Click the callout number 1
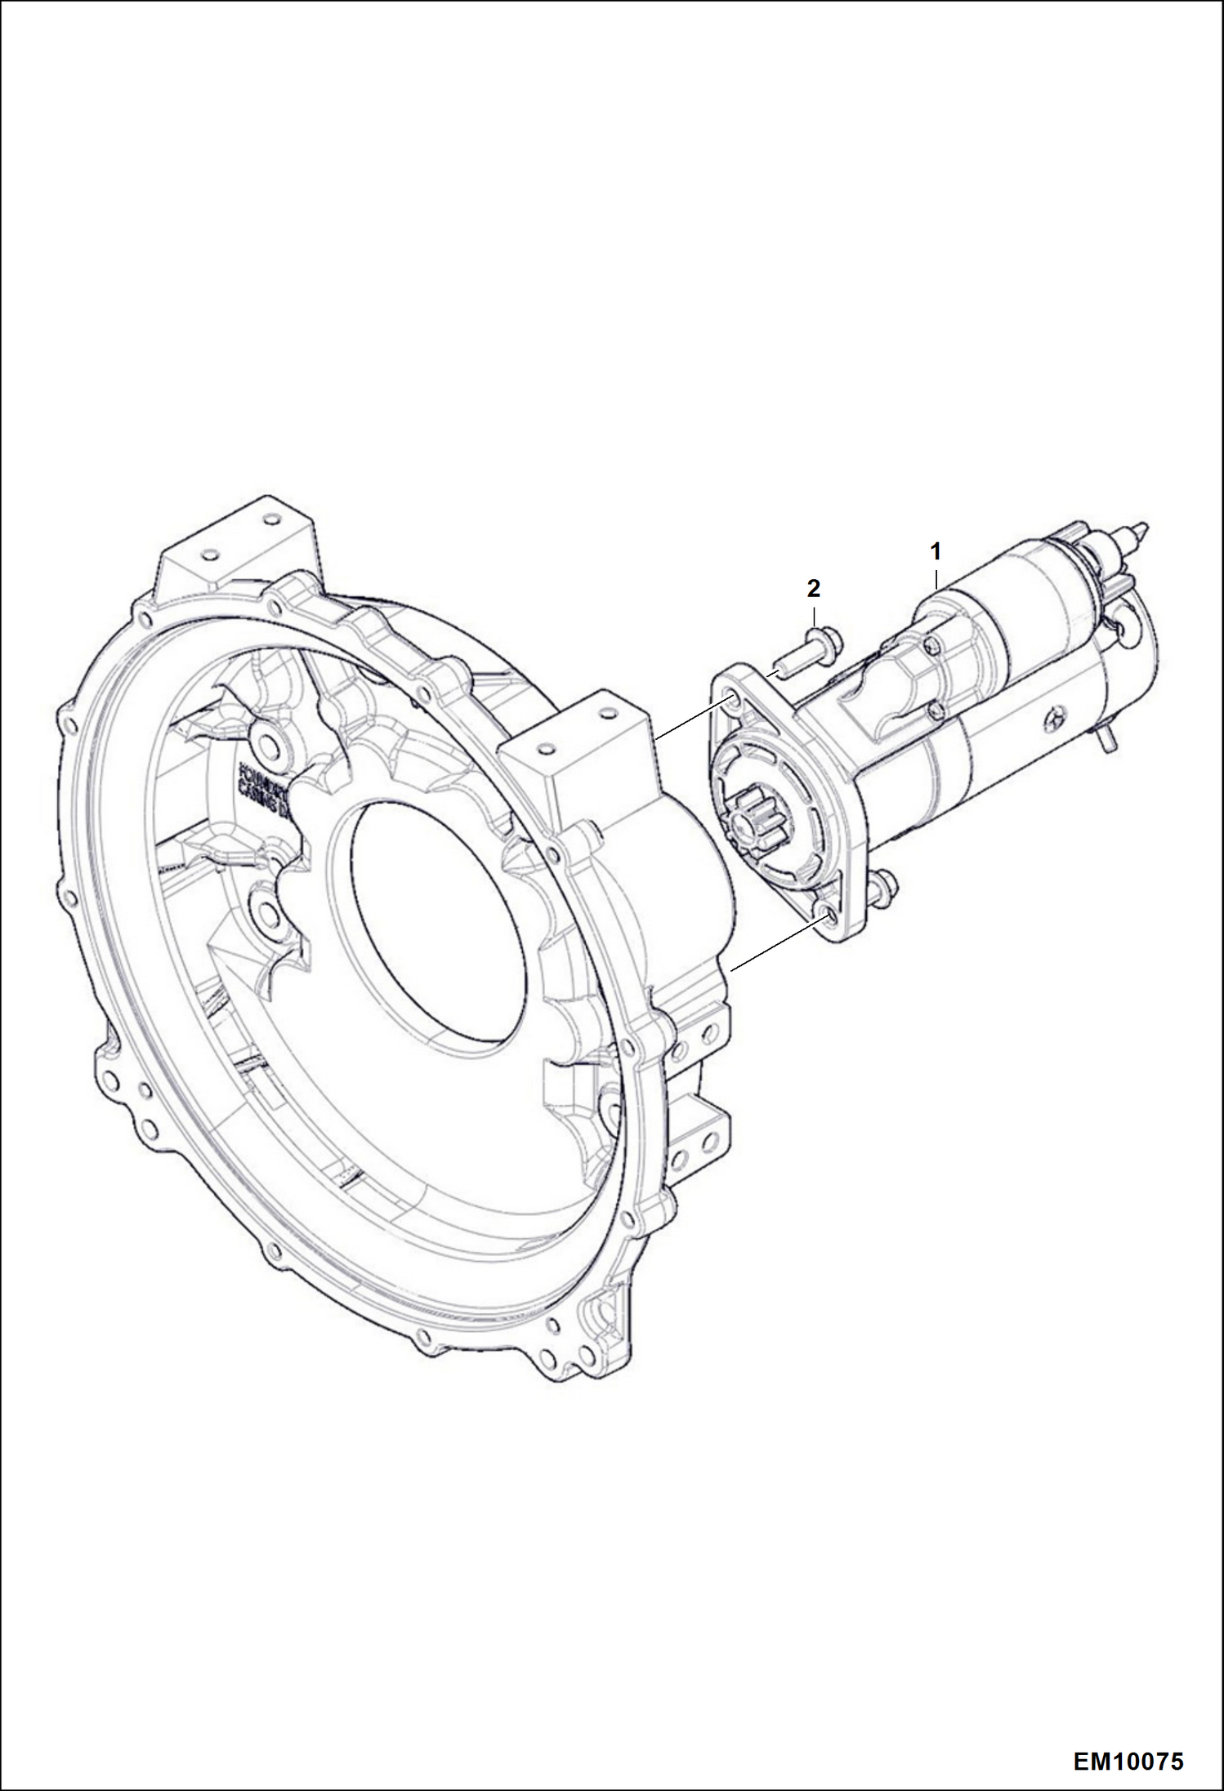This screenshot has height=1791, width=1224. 936,551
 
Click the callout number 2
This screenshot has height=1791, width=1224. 813,587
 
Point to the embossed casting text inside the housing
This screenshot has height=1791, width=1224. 263,788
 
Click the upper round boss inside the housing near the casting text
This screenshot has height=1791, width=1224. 267,742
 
